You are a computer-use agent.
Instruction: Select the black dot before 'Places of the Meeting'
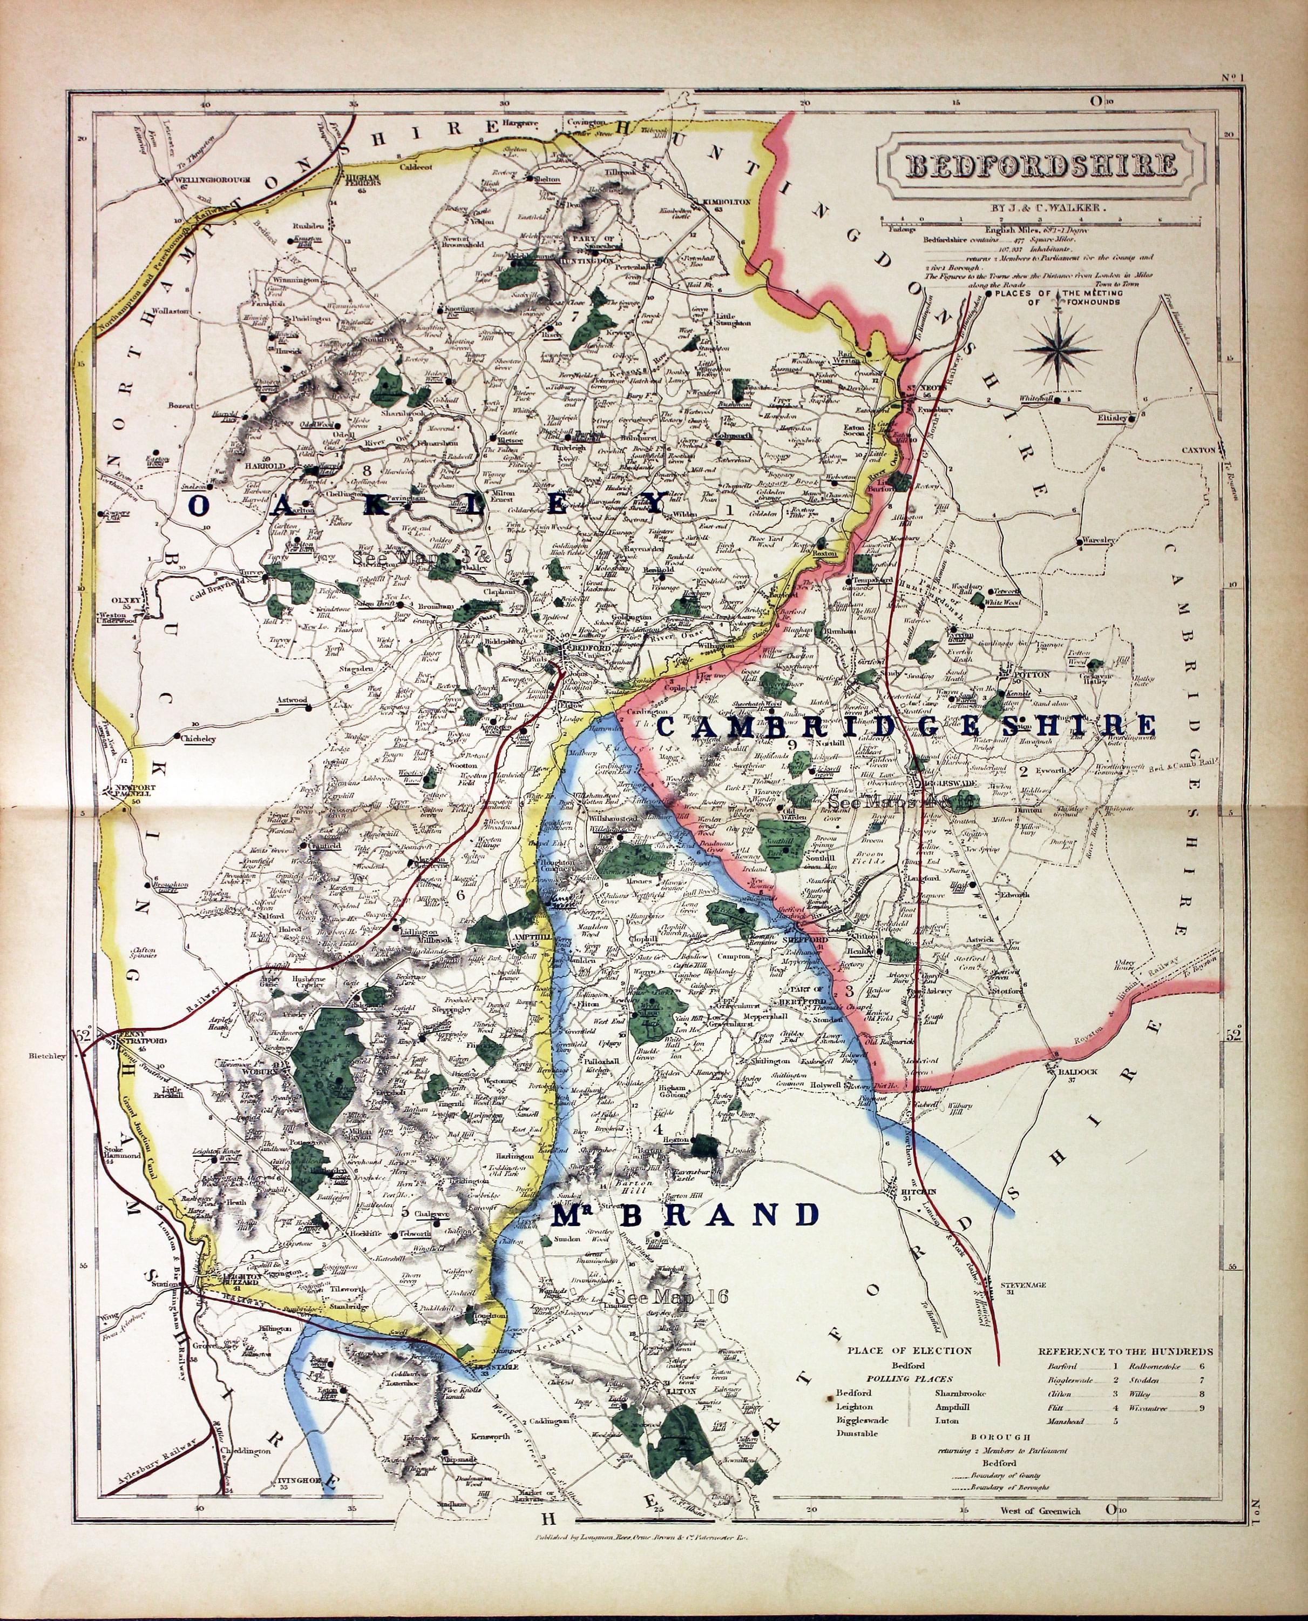click(990, 295)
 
